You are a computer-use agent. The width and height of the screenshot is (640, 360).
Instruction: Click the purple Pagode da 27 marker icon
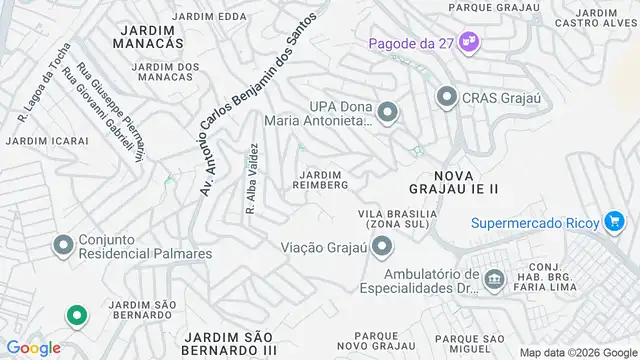(469, 43)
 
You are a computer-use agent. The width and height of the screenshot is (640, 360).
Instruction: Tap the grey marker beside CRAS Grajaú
(446, 96)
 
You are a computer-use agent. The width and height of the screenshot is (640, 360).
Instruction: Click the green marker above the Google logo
(75, 316)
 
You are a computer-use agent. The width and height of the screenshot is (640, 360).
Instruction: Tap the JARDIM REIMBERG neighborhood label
(321, 178)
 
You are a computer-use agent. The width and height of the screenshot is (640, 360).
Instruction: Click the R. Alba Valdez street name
(252, 176)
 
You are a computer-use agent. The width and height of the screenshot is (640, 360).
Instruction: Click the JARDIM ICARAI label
(40, 141)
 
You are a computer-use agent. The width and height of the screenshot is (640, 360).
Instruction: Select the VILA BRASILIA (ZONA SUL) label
(397, 220)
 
